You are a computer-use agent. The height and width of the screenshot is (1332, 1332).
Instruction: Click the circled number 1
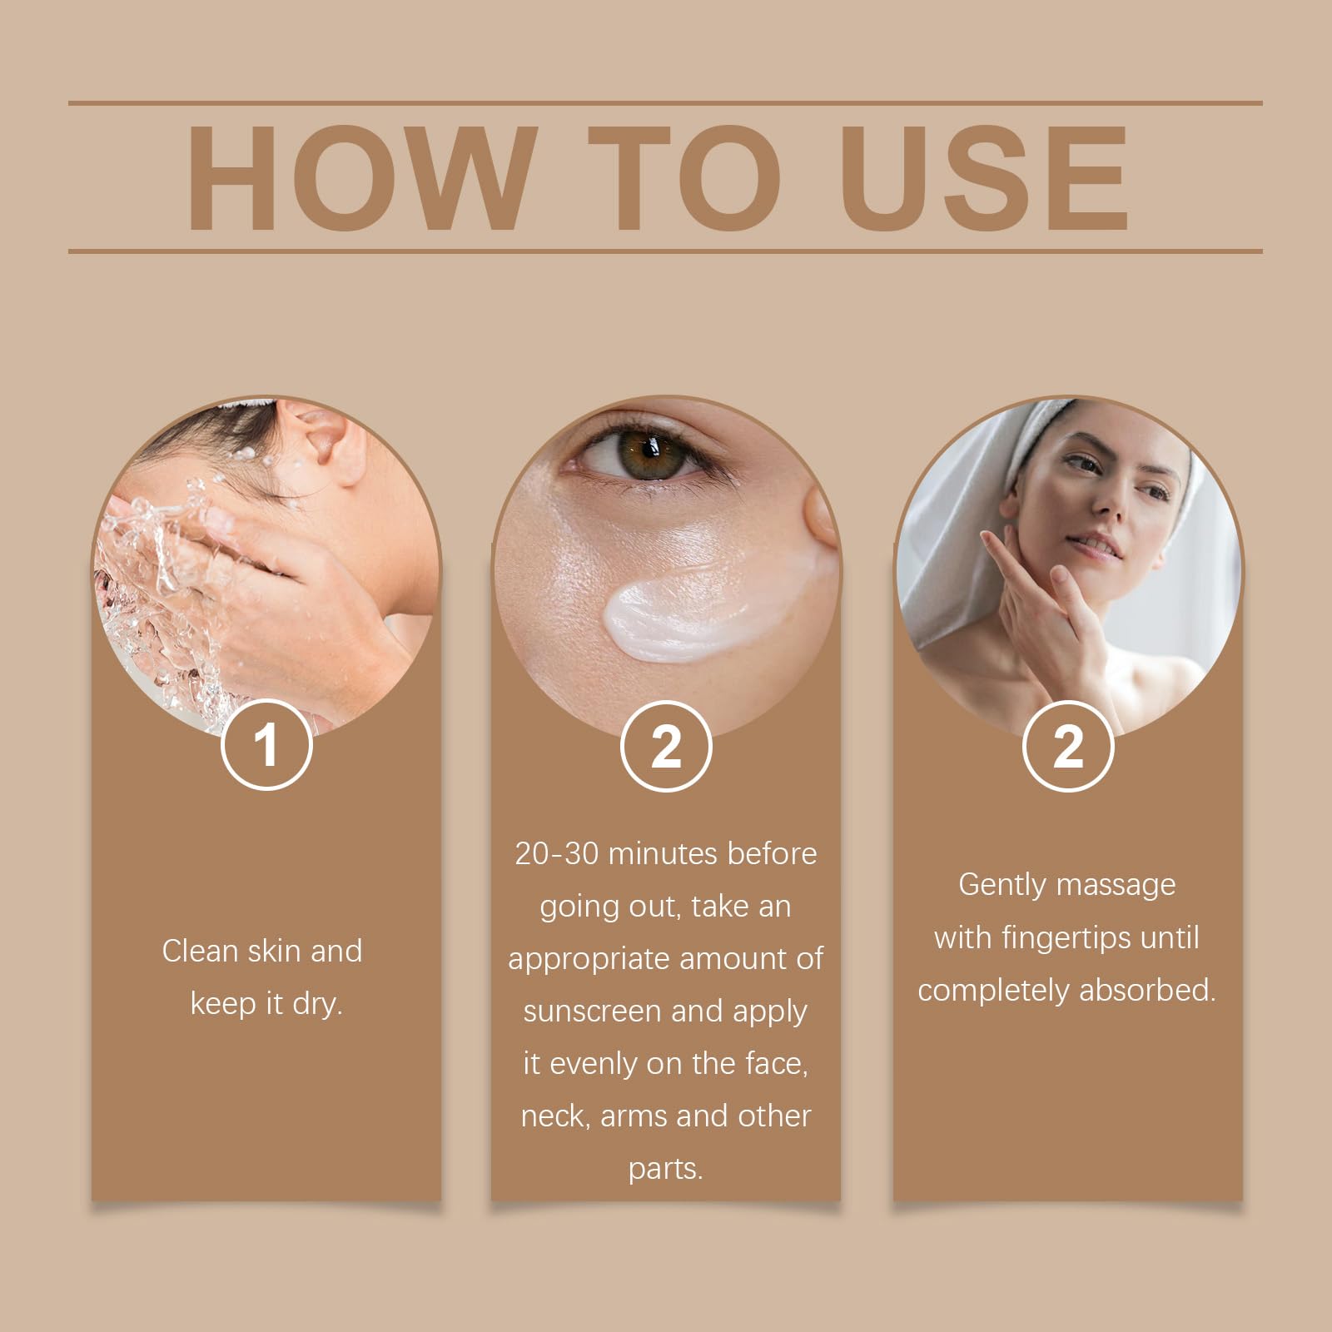[x=266, y=745]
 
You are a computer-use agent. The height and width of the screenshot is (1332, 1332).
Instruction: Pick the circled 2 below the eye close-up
[x=666, y=746]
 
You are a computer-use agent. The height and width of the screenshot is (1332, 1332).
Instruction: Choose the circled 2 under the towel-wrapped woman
[x=1068, y=746]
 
